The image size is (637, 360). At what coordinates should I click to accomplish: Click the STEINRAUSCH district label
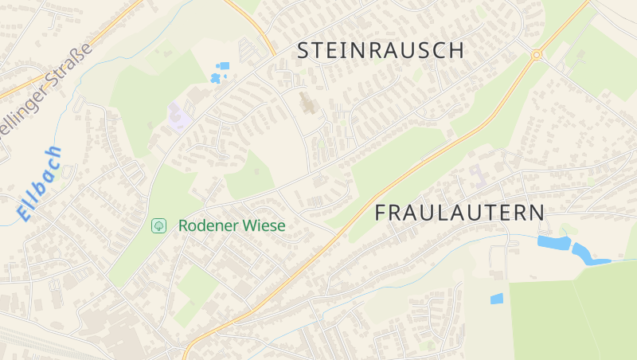tap(381, 50)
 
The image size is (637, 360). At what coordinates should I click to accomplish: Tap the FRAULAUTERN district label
tap(459, 213)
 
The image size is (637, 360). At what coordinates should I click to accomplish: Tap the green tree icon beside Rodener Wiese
tap(159, 226)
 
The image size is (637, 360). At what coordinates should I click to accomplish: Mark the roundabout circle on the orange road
tap(536, 55)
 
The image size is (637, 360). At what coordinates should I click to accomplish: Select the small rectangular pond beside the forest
tap(497, 299)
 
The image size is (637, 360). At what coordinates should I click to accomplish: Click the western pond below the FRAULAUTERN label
tap(553, 242)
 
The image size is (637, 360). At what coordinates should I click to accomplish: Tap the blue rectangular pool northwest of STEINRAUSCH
tap(224, 65)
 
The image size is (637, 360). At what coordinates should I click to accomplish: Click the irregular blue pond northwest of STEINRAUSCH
tap(215, 77)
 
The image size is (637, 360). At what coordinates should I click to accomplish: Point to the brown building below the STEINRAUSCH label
tap(307, 104)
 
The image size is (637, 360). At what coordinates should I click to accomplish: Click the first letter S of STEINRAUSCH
tap(303, 50)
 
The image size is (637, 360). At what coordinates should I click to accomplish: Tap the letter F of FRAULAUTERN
tap(381, 213)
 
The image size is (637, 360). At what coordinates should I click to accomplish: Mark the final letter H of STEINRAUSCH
tap(457, 50)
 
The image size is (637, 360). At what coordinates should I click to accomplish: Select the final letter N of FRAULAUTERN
tap(537, 213)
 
